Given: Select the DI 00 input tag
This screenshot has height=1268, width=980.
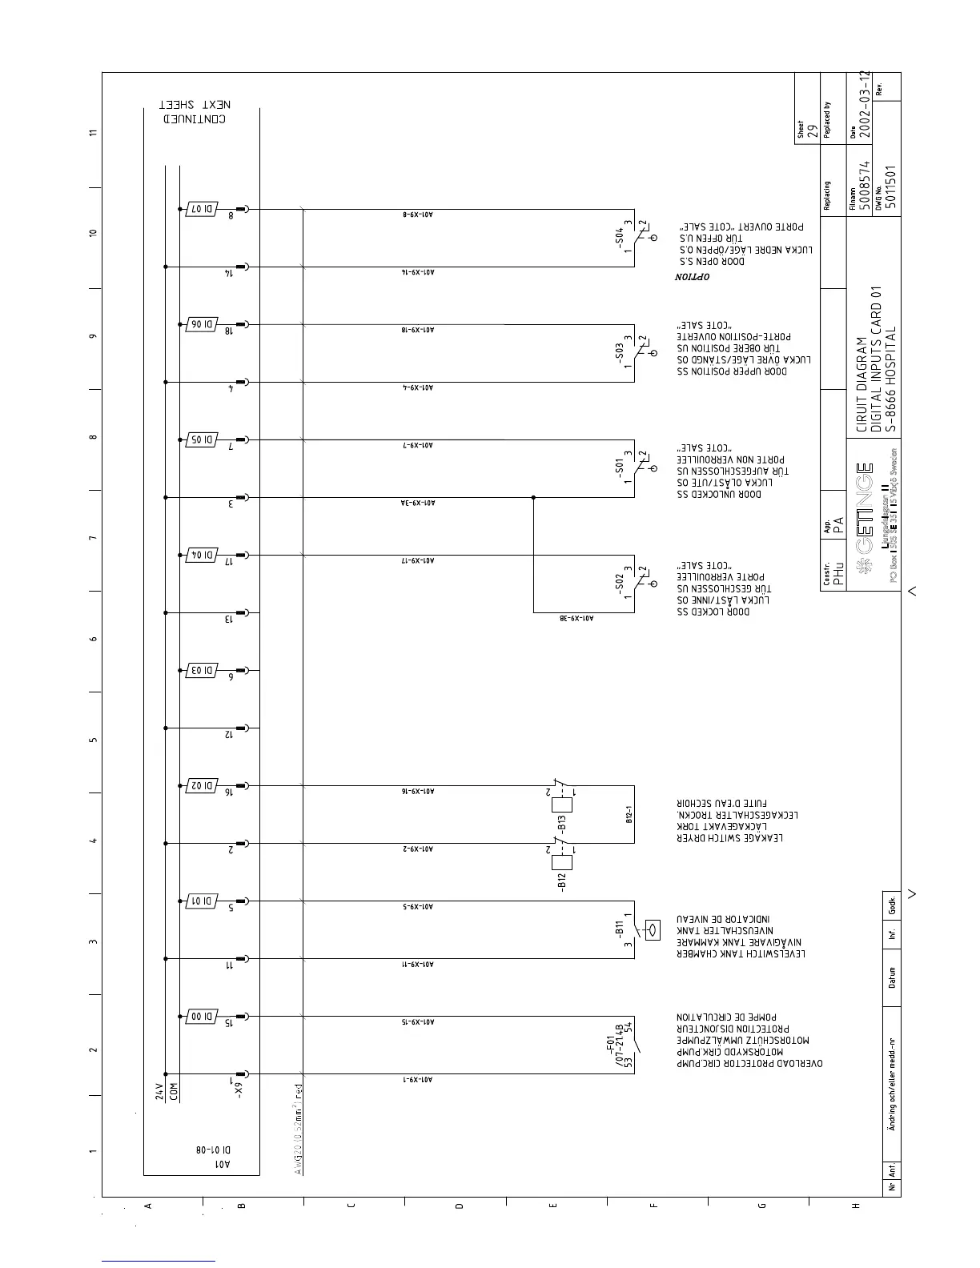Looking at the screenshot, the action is coord(200,1017).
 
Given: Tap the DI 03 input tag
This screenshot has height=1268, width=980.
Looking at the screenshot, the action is coord(200,670).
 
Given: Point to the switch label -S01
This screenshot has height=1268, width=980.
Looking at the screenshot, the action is coord(619,467).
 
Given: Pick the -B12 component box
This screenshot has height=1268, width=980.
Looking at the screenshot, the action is coord(562,862).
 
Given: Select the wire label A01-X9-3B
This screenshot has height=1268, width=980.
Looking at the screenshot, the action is coord(576,618).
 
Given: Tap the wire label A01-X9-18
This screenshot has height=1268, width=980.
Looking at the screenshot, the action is coord(417,330).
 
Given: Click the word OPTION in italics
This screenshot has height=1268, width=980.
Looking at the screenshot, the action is coord(692,277).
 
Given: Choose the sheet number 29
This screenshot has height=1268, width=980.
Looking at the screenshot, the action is coord(811,131).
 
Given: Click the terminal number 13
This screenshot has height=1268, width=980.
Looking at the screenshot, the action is coord(229,619).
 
